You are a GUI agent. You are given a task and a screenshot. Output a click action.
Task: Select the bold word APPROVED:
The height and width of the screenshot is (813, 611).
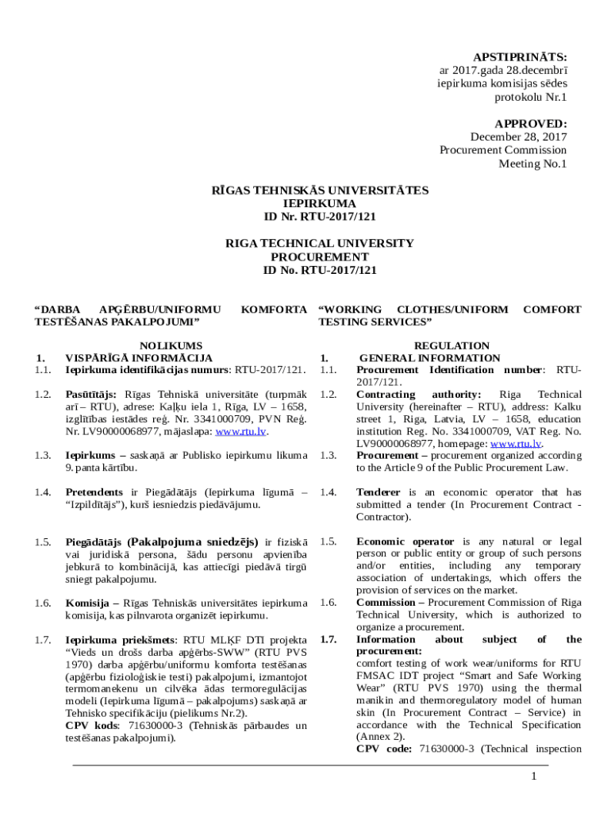(530, 124)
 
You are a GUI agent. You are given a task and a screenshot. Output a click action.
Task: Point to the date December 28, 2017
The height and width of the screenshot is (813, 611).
(518, 137)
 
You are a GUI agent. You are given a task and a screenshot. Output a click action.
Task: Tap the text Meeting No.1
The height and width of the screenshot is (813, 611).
(532, 164)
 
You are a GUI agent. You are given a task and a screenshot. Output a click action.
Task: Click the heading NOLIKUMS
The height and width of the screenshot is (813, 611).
(171, 345)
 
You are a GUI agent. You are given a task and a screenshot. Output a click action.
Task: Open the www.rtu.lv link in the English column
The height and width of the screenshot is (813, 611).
(516, 444)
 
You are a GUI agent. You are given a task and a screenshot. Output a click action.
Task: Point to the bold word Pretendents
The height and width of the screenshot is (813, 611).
(94, 492)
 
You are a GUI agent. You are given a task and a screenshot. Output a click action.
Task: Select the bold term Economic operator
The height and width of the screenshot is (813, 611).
(405, 541)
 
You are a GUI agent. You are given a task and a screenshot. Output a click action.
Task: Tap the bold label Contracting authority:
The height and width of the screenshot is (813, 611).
(419, 395)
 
